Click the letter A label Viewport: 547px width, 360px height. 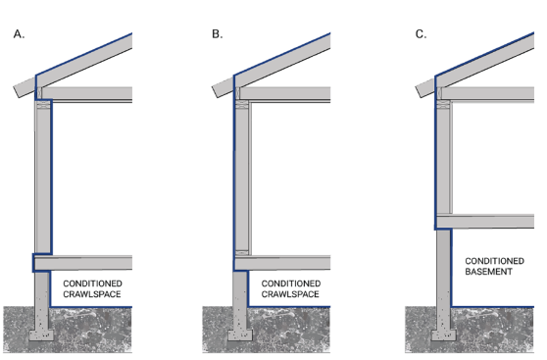19,34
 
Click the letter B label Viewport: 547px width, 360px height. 217,34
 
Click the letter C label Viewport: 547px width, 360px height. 421,34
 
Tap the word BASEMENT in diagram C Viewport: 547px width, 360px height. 488,272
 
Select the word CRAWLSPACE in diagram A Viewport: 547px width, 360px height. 92,294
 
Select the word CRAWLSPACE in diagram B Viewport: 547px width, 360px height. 290,294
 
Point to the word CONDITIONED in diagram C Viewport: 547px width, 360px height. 494,261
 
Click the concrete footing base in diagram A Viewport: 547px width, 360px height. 41,335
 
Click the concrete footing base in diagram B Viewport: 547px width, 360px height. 240,335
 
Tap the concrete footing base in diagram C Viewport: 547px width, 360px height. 444,335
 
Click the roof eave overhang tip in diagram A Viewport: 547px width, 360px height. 16,92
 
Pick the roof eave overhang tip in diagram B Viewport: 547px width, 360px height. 215,92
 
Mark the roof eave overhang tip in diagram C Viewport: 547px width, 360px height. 418,92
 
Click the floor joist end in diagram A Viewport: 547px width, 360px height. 35,263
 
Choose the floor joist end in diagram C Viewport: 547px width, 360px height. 438,222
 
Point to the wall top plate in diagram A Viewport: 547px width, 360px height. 43,104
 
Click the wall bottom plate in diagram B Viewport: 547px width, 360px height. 242,252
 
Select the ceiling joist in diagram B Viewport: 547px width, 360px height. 285,93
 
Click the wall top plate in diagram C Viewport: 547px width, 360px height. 443,104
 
